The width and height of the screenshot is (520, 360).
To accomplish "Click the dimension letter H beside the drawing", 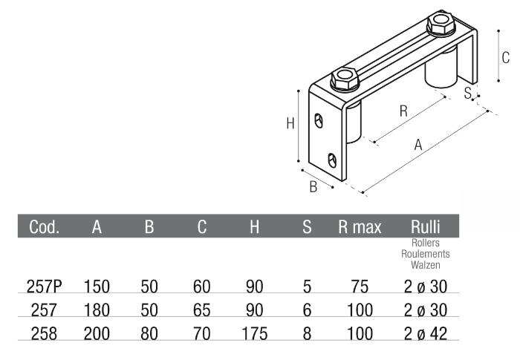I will tap(290, 124).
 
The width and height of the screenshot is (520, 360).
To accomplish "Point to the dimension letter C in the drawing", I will tap(504, 57).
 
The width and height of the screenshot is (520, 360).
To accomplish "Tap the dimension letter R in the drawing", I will tap(403, 111).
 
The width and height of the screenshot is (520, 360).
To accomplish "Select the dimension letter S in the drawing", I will tap(467, 92).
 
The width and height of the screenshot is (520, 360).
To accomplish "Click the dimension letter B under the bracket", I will tap(313, 186).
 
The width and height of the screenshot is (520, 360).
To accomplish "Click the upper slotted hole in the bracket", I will tap(319, 120).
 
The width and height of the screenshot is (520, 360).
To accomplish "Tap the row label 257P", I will tap(43, 286).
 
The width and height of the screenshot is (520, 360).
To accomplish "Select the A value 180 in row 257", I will tap(97, 309).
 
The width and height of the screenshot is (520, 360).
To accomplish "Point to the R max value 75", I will tap(360, 286).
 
